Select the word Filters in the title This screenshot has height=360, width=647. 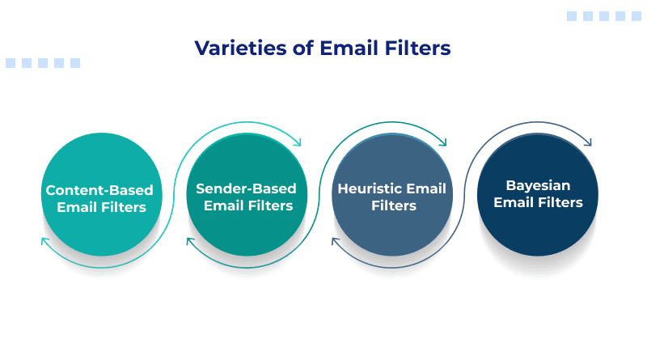(416, 49)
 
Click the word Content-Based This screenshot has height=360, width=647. (99, 191)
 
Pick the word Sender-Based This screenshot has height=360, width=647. (246, 188)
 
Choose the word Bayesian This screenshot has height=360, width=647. (538, 184)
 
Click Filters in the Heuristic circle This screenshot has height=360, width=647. (393, 206)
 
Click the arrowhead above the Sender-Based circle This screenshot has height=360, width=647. (297, 143)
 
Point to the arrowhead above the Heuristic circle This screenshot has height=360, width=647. (442, 143)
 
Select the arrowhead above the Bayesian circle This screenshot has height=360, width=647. (587, 143)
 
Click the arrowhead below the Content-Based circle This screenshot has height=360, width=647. (44, 242)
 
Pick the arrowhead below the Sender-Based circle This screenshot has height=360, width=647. (190, 242)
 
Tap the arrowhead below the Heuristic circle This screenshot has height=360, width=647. (336, 242)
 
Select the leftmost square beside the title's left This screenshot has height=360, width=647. (11, 62)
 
